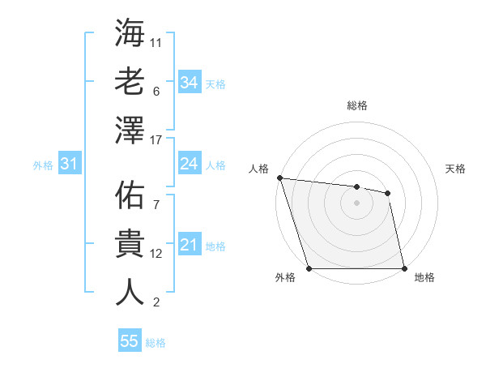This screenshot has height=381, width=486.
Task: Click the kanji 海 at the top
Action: click(x=130, y=33)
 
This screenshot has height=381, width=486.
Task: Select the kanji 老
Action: click(x=130, y=82)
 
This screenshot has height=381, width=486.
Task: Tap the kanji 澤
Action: click(x=130, y=131)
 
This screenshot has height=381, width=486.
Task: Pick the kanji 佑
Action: click(x=130, y=195)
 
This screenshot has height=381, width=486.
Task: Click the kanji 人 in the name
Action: click(x=130, y=292)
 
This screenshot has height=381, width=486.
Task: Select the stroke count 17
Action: click(x=156, y=140)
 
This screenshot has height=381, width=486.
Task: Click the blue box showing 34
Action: click(x=189, y=82)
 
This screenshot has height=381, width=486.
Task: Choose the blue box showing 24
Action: click(x=189, y=164)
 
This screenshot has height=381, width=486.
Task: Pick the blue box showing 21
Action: click(x=189, y=245)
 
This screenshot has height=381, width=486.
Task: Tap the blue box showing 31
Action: click(x=69, y=165)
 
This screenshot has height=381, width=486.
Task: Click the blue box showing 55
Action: click(x=130, y=341)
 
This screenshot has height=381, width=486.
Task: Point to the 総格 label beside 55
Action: click(x=156, y=343)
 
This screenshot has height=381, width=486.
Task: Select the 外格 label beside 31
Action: click(x=43, y=165)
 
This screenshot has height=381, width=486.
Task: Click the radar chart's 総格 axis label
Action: click(x=356, y=105)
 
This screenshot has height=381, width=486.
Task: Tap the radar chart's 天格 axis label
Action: click(x=455, y=169)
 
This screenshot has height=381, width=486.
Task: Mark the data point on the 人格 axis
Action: click(x=279, y=178)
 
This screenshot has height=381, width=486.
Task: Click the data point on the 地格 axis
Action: click(x=403, y=268)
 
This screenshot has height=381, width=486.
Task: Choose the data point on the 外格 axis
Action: click(x=309, y=268)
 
